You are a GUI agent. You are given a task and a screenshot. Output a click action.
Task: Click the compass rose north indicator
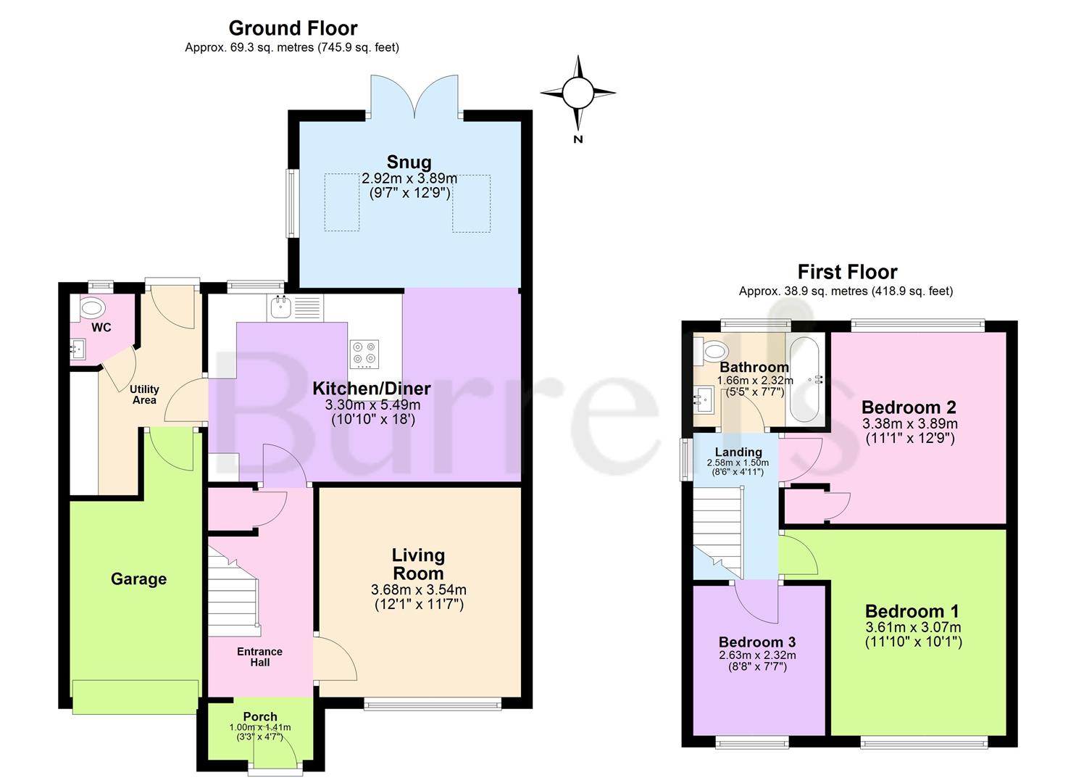[x=578, y=99]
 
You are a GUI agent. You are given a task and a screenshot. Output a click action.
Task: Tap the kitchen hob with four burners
[x=364, y=354]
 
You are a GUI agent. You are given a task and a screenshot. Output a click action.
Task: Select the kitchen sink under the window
[x=296, y=307]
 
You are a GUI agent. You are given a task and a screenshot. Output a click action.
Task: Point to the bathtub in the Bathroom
[x=805, y=380]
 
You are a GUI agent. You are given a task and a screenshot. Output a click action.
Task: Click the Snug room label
[x=409, y=162]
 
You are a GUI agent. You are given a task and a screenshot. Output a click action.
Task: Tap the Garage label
[x=139, y=579]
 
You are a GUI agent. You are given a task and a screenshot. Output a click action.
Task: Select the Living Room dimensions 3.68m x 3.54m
[x=418, y=589]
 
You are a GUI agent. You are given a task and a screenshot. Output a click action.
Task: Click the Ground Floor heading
[x=293, y=28]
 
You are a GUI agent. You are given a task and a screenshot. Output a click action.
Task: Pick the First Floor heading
[x=847, y=272]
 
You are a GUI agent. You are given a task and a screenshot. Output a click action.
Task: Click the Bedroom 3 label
[x=757, y=642]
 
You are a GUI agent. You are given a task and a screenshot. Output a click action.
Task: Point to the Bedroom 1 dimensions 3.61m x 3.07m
[x=913, y=627]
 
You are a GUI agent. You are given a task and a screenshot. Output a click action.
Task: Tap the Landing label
[x=738, y=452]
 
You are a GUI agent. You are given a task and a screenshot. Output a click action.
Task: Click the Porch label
[x=260, y=716]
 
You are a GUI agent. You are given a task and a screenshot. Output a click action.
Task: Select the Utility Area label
[x=144, y=394]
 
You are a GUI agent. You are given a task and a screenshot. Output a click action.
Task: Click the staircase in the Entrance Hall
[x=234, y=594]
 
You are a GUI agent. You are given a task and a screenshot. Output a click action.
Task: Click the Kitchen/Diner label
[x=371, y=389]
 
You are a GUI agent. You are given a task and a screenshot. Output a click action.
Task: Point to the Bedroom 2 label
[x=909, y=407]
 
